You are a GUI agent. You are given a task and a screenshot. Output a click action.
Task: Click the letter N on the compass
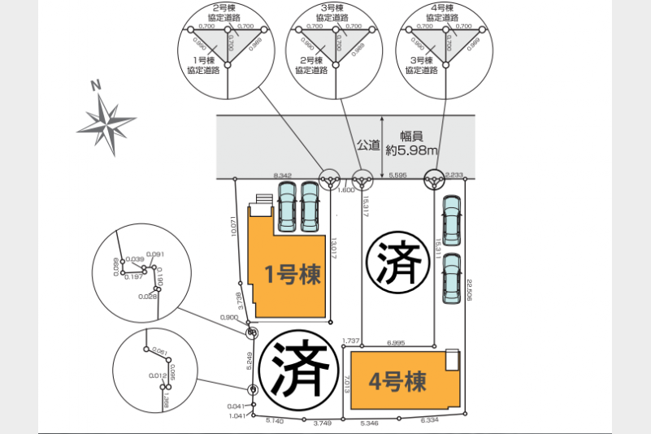[96, 85]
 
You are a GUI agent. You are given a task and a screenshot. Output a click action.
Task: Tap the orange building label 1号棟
[293, 274]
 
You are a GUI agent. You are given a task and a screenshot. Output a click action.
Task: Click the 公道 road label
[368, 145]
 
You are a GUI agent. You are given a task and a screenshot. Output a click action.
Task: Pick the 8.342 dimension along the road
[283, 176]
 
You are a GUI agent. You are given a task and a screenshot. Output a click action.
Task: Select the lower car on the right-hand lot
[451, 279]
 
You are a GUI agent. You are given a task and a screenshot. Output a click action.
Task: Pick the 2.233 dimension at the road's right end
[455, 176]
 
